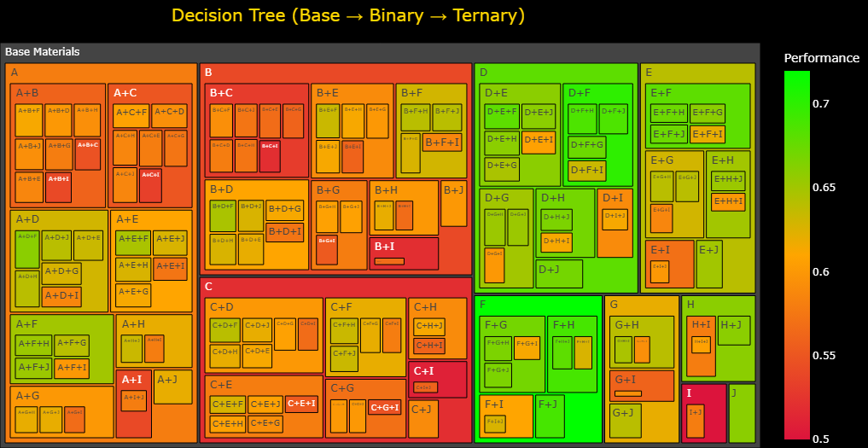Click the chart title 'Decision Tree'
pyautogui.click(x=348, y=16)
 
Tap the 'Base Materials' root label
pyautogui.click(x=43, y=52)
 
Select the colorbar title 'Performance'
pyautogui.click(x=821, y=58)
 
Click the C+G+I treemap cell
pyautogui.click(x=385, y=407)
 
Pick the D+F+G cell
pyautogui.click(x=586, y=146)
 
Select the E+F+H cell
pyautogui.click(x=668, y=113)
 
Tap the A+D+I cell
pyautogui.click(x=61, y=295)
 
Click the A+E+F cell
pyautogui.click(x=133, y=239)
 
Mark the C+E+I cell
pyautogui.click(x=301, y=404)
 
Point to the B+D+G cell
pyautogui.click(x=284, y=209)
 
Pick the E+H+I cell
pyautogui.click(x=727, y=201)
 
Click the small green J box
pyautogui.click(x=741, y=413)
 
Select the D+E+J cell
pyautogui.click(x=539, y=112)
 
